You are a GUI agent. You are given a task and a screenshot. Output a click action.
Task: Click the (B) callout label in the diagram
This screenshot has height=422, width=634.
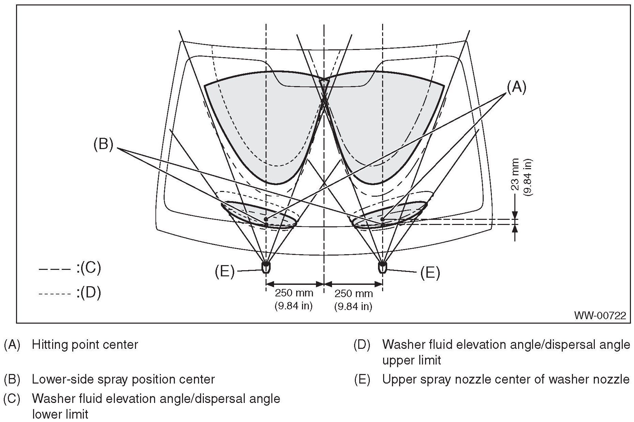coord(103,144)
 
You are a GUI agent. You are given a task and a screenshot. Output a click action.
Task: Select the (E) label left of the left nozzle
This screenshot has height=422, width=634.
coord(225,272)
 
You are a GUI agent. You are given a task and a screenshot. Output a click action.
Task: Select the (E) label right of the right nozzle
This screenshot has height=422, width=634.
coord(430,273)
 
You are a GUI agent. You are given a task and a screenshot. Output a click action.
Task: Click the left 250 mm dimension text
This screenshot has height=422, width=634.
coord(294,293)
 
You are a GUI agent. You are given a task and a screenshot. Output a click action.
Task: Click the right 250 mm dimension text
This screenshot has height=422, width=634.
coord(353,293)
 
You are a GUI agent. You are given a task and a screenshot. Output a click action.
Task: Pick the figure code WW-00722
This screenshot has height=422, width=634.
coord(600,315)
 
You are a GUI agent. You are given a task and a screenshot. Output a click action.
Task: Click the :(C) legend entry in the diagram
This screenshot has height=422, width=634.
coord(88,268)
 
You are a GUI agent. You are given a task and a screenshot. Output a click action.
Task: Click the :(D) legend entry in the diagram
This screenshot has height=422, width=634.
coord(88,293)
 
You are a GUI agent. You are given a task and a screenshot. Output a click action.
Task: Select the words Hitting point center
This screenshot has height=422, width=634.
coord(85,345)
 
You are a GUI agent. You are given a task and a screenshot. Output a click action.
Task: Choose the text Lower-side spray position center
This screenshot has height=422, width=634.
coord(123,379)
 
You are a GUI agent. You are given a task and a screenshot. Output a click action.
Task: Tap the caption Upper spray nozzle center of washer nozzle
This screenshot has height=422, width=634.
coord(506,379)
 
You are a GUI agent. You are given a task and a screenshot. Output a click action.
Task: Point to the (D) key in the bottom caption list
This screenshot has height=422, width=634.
coord(362,345)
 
